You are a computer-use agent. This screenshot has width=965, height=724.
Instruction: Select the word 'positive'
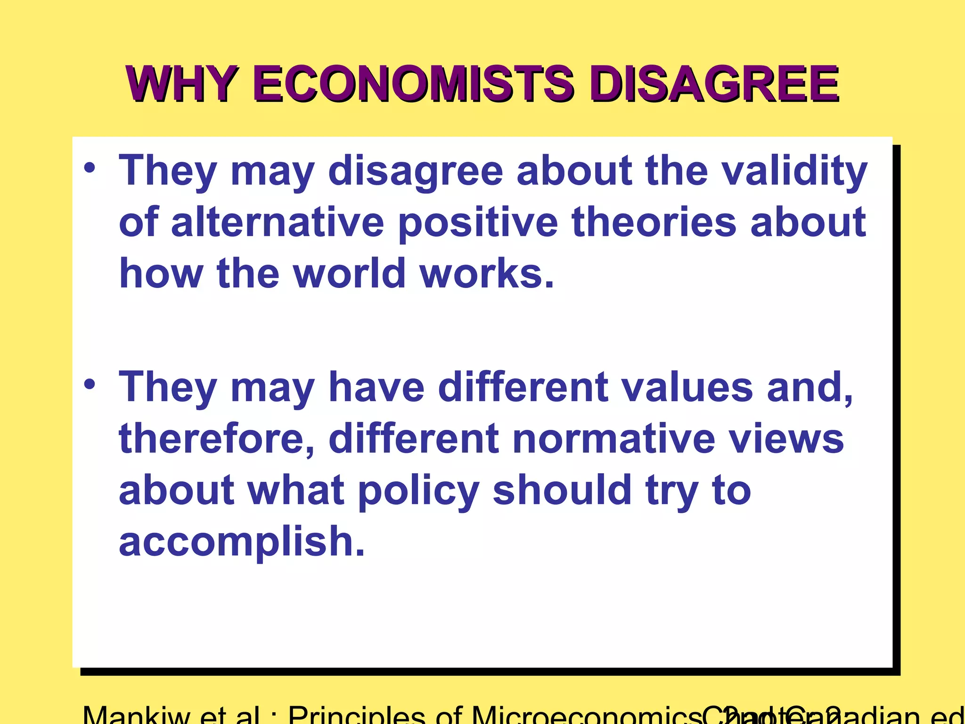point(478,222)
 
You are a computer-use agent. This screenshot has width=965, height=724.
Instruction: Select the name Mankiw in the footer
point(137,716)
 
